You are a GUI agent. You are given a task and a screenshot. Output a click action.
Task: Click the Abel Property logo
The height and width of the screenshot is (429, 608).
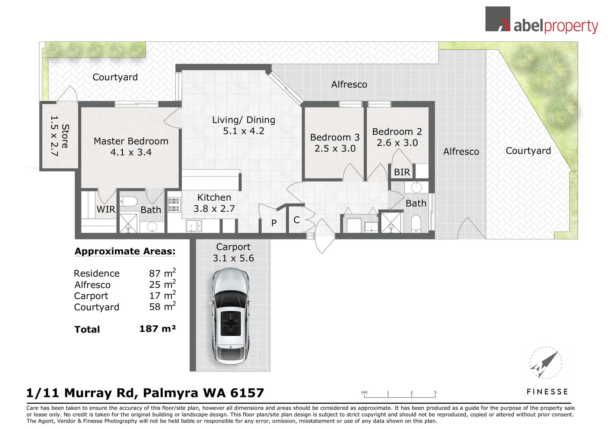coord(541,21)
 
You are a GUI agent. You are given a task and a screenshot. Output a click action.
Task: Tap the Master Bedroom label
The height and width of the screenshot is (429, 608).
coord(131,141)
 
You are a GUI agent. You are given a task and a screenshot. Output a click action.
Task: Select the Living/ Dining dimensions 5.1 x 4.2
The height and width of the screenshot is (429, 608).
coord(243,131)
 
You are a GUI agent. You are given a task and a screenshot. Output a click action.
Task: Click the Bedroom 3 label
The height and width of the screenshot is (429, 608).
coord(334,137)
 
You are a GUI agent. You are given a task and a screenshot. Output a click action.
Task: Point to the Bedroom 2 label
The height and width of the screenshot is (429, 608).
coord(397,132)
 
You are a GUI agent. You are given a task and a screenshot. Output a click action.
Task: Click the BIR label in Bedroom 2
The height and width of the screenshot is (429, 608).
coord(402,172)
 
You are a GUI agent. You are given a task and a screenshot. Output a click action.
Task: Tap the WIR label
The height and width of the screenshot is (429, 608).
coord(106,210)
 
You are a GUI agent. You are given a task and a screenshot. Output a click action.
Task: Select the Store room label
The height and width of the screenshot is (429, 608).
coord(65,136)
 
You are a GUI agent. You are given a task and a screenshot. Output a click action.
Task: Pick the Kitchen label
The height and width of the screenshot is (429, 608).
coord(214,197)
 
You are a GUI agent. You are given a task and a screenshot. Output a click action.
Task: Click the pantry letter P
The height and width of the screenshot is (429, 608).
coord(274,223)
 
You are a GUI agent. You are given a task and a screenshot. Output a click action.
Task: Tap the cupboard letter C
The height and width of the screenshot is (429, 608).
coord(297,220)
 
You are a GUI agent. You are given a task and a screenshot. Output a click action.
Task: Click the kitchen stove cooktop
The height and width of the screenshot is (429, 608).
coord(174,205)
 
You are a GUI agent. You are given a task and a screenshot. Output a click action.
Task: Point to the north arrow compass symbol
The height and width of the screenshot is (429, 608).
coord(545,363)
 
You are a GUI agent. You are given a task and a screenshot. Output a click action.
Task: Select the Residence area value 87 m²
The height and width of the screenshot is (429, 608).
coord(162,273)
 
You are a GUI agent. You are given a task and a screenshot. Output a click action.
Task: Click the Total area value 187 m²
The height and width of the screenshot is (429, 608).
coord(157,329)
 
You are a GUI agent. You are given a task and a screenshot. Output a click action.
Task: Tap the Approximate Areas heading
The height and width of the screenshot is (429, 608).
coord(125,251)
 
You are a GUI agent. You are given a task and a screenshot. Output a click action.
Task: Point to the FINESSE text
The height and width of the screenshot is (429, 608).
coord(547,392)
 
